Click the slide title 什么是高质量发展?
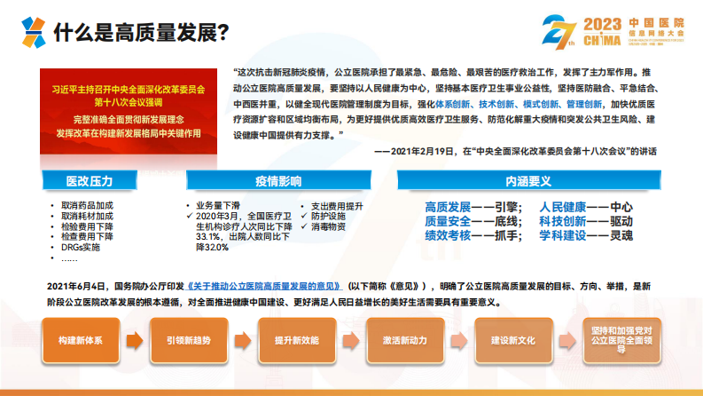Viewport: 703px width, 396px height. point(143,33)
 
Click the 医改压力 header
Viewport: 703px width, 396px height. point(90,181)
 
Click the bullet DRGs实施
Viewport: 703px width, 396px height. point(81,248)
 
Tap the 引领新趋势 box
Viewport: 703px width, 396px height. point(187,340)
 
